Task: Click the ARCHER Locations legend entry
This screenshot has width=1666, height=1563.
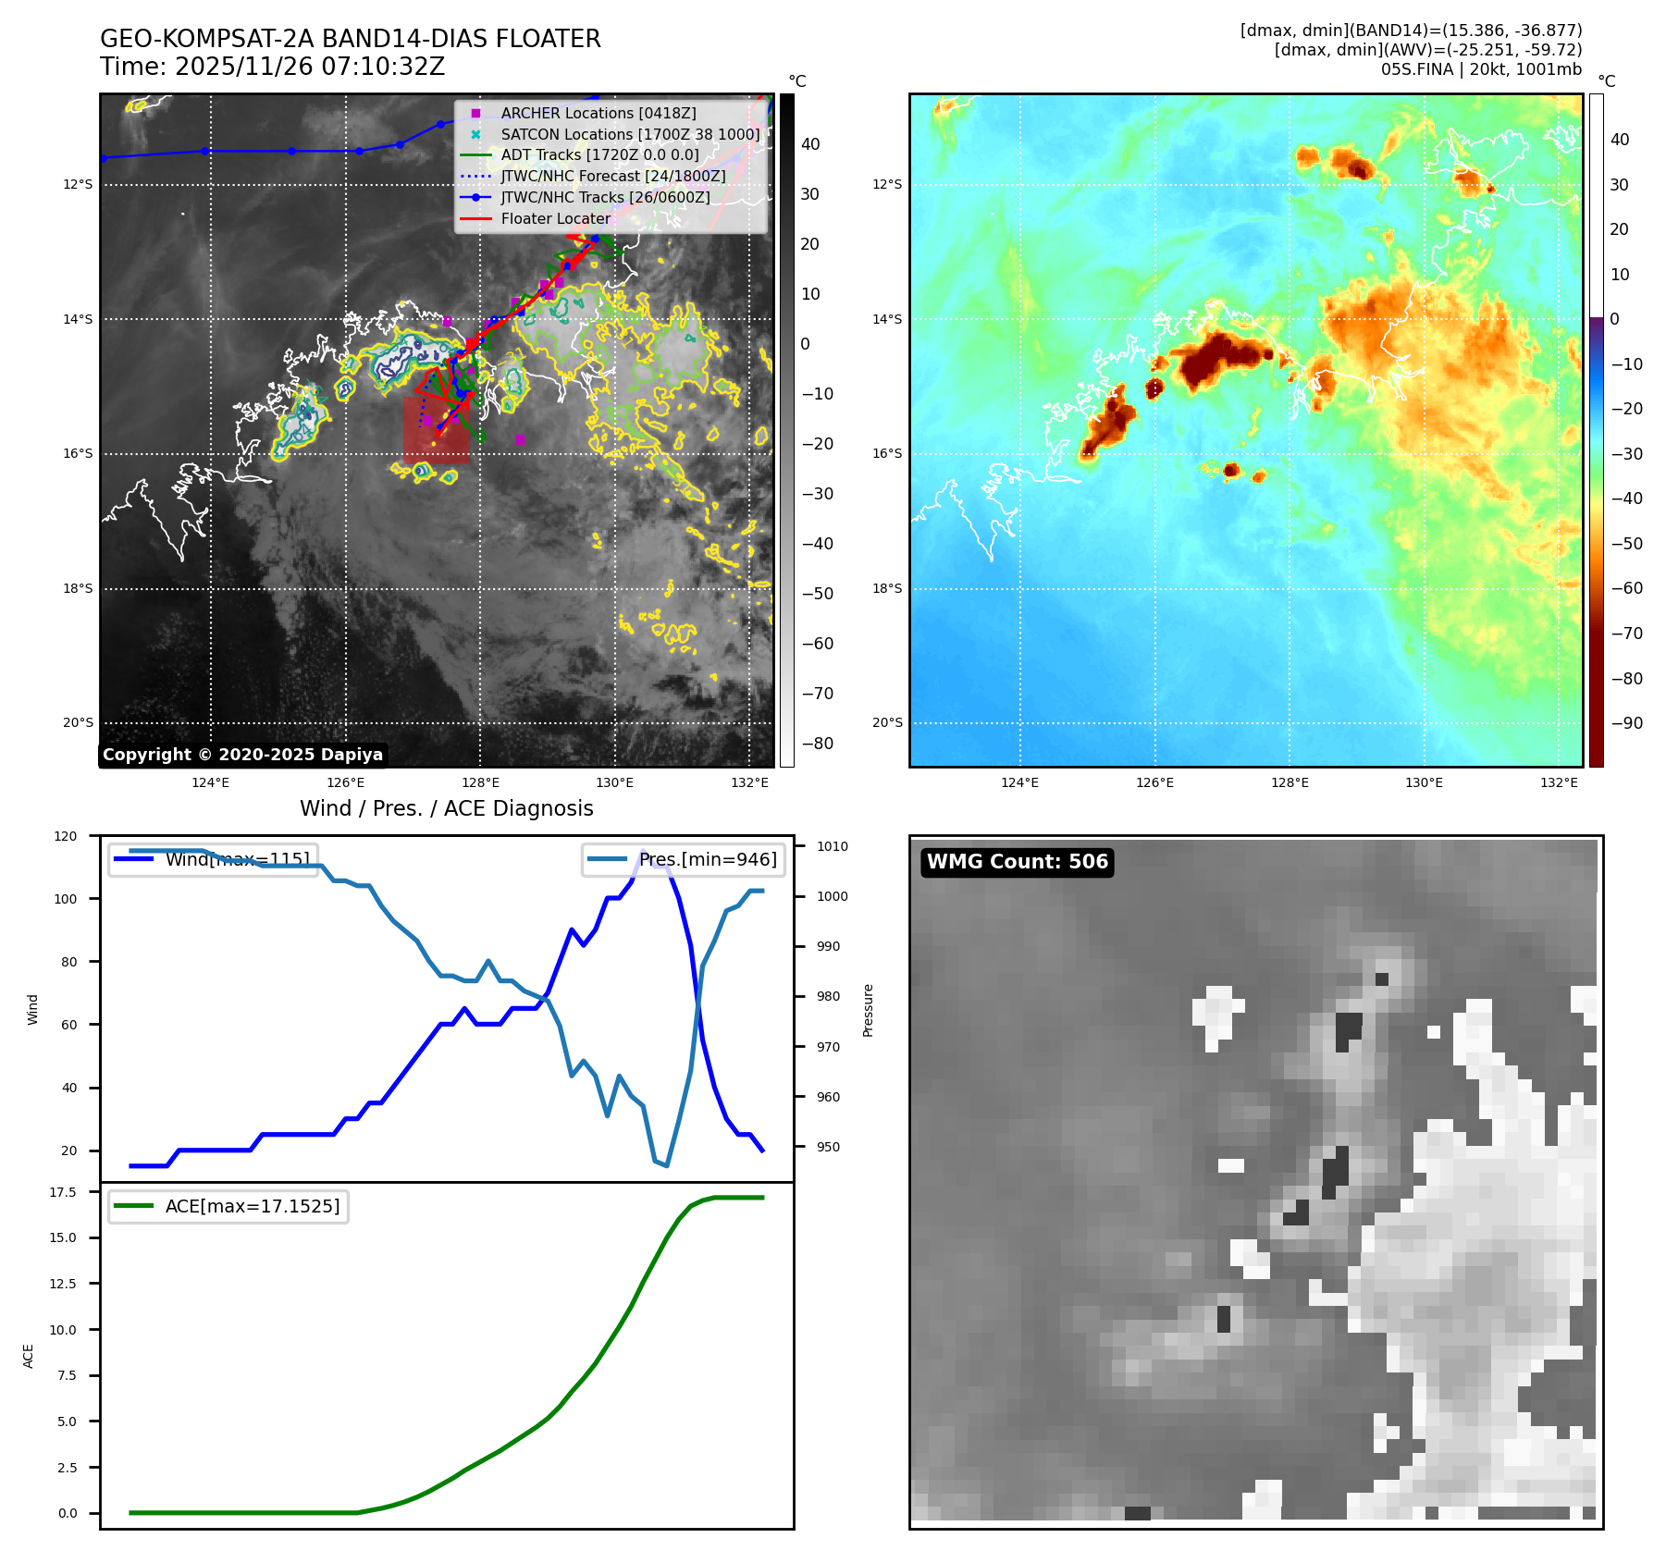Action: pyautogui.click(x=598, y=113)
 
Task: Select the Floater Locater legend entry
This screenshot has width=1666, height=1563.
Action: pyautogui.click(x=555, y=219)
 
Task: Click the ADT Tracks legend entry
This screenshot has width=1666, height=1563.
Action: pyautogui.click(x=599, y=154)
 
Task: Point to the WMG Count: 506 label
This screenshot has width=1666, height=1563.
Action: pyautogui.click(x=1017, y=862)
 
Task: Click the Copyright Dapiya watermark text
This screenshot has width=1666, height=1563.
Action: pyautogui.click(x=242, y=755)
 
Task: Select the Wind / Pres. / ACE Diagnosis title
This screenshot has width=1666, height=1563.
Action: pyautogui.click(x=446, y=808)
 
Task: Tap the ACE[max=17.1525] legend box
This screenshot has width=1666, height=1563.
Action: pyautogui.click(x=228, y=1206)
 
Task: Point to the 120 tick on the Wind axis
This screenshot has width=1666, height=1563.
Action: pyautogui.click(x=66, y=836)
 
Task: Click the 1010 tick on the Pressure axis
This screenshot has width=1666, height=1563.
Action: pyautogui.click(x=832, y=846)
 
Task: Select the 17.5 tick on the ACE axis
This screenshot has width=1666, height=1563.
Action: pyautogui.click(x=63, y=1192)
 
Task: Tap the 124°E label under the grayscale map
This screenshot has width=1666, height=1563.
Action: pyautogui.click(x=210, y=783)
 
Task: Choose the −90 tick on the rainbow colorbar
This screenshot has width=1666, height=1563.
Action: pyautogui.click(x=1625, y=723)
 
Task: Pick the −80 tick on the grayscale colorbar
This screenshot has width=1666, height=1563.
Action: pyautogui.click(x=817, y=744)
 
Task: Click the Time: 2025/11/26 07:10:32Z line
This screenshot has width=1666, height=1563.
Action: pyautogui.click(x=272, y=67)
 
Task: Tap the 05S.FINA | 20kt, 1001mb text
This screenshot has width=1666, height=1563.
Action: pyautogui.click(x=1480, y=69)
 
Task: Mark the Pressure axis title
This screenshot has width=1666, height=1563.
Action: pyautogui.click(x=868, y=1010)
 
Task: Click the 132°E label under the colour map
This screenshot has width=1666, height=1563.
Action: pyautogui.click(x=1559, y=783)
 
